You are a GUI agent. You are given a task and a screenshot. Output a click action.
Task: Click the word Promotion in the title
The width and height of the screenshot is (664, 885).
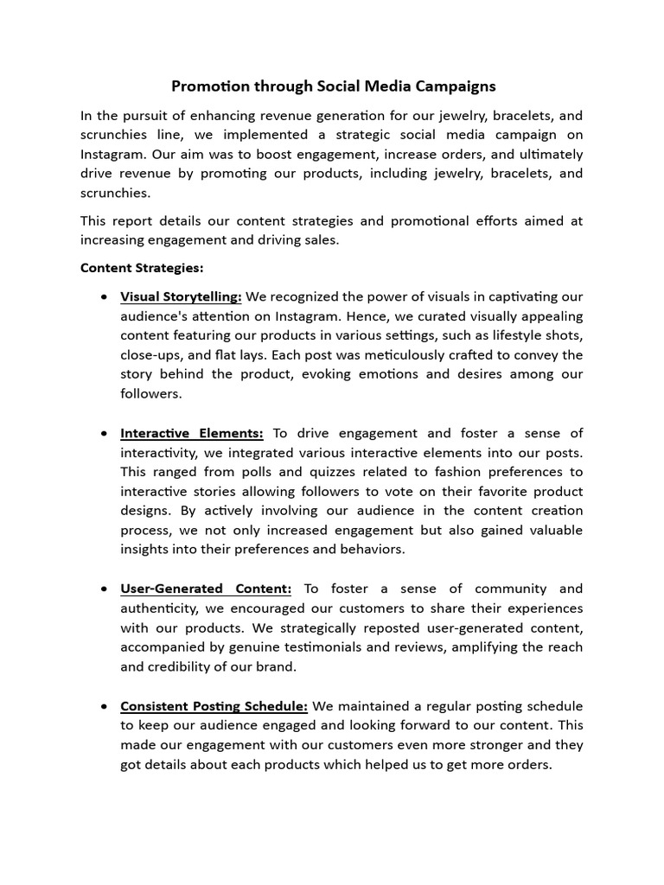[x=206, y=86]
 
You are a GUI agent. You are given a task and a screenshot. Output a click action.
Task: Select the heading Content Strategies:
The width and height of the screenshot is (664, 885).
[x=142, y=268]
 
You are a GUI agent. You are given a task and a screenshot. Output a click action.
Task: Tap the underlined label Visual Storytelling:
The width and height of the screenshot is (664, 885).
[x=181, y=296]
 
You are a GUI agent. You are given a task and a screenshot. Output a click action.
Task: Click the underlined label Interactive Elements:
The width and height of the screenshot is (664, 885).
[x=192, y=433]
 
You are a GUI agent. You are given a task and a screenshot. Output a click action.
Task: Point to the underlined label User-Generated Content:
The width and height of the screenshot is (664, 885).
[x=206, y=589]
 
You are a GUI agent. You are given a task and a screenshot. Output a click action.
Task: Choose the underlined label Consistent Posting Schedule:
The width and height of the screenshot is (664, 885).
[x=214, y=706]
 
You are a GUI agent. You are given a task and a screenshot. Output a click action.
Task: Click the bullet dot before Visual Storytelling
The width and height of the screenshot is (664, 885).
[x=104, y=296]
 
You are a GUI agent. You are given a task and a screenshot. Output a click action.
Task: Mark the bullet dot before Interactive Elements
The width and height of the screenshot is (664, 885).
[x=104, y=433]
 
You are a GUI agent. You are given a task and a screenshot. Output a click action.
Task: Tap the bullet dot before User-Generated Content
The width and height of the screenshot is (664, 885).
[x=104, y=589]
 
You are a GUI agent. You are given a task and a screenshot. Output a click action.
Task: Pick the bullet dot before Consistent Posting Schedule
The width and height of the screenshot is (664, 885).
[x=104, y=706]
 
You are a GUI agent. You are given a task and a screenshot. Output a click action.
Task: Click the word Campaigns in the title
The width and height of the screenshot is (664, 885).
[x=456, y=86]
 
